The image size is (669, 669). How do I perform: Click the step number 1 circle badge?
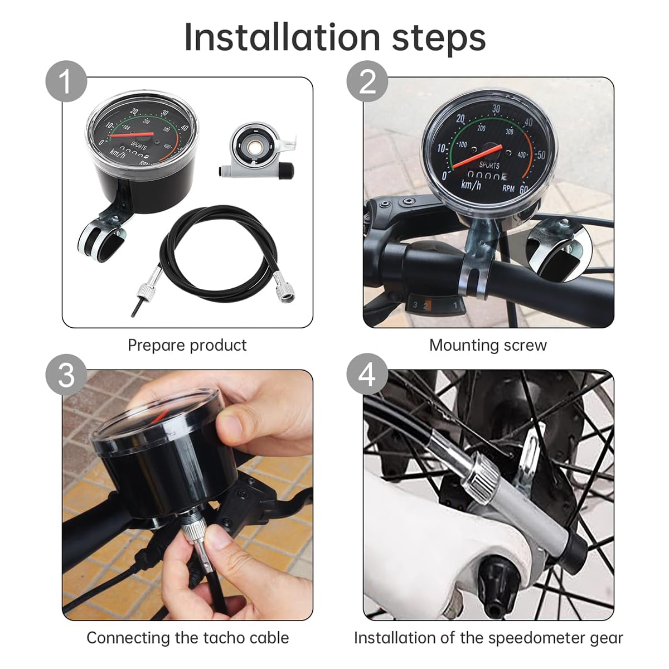tap(66, 81)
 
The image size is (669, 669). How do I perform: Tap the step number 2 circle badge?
tap(367, 81)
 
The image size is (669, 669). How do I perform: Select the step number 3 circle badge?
tap(66, 374)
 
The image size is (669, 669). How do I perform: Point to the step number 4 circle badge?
tap(367, 374)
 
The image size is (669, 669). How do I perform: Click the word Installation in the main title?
tap(282, 38)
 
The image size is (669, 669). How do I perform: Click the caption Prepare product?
tap(187, 345)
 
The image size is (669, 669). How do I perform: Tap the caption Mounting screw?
tap(488, 345)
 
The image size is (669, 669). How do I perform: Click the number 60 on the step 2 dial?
tap(523, 189)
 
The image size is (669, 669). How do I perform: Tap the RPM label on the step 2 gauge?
tap(508, 188)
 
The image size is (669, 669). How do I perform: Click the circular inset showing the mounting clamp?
tap(559, 248)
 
